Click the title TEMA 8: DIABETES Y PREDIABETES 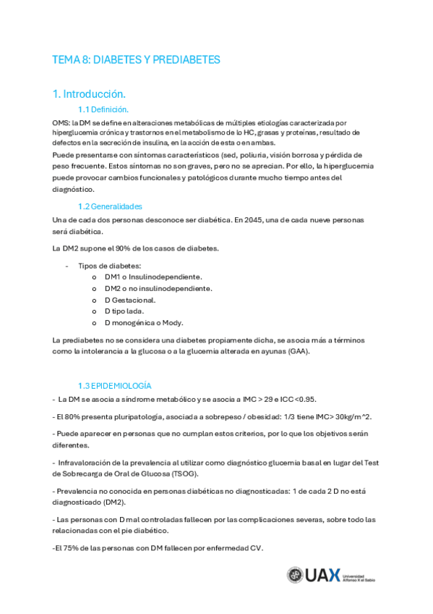tap(136, 59)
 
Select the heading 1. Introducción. tap(90, 94)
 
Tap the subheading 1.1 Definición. tap(103, 109)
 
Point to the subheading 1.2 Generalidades tap(110, 206)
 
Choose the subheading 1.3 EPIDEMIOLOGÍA tap(115, 386)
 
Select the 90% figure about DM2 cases tap(123, 249)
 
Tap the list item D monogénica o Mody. tap(144, 323)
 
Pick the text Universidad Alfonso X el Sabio tap(363, 575)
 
